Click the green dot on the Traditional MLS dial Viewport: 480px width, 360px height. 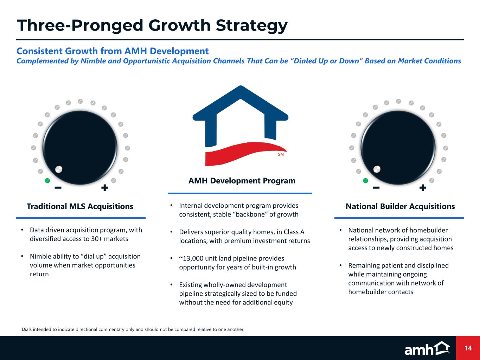point(47,181)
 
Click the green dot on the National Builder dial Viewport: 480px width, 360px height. point(365,181)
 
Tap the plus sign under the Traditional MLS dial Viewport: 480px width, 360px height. point(105,187)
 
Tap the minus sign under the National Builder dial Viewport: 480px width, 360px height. point(376,187)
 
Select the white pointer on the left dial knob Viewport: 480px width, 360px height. point(59,169)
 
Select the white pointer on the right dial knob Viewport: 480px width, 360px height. point(377,169)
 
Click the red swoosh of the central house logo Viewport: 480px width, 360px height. point(245,153)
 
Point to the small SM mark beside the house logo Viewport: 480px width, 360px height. point(281,155)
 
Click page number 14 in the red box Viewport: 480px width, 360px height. point(468,348)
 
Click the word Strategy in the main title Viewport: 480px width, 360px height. point(251,26)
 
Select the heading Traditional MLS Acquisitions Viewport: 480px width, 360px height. point(80,206)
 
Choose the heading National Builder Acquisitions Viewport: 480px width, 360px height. point(400,206)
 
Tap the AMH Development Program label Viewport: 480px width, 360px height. point(242,181)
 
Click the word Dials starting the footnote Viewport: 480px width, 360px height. point(27,329)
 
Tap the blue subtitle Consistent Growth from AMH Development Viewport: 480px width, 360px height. point(113,51)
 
